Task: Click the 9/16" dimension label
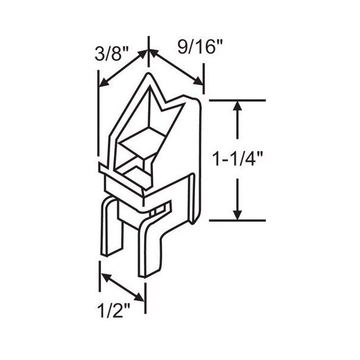[200, 47]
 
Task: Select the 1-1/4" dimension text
[238, 158]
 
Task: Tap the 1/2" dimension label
[113, 310]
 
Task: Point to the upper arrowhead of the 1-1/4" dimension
[238, 107]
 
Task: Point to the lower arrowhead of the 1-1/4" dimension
[238, 214]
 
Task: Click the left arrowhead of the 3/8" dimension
[104, 83]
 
